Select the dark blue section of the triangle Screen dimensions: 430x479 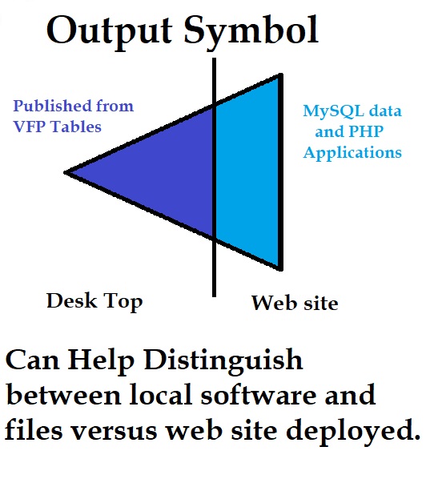click(159, 171)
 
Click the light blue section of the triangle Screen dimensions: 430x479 click(247, 171)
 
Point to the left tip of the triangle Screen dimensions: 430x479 click(64, 172)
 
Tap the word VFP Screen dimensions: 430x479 click(30, 127)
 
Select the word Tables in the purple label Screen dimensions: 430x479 click(76, 127)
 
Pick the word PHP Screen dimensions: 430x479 click(366, 131)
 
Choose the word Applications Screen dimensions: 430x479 click(352, 153)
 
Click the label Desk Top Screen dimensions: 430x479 click(94, 302)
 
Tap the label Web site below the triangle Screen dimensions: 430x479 click(295, 303)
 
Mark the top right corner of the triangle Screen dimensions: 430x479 click(280, 74)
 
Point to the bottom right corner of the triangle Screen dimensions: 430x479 click(280, 270)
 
